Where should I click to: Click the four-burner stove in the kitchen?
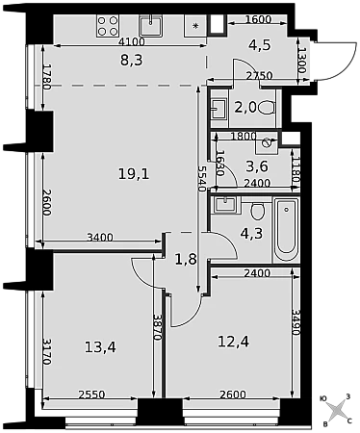click(108, 26)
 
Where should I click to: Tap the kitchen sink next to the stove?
click(150, 26)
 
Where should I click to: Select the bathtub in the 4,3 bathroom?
click(286, 230)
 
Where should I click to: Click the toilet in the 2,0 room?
click(267, 108)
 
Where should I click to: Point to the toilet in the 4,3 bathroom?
click(258, 211)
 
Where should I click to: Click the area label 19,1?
click(134, 174)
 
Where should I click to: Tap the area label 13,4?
click(100, 347)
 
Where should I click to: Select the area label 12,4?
click(233, 342)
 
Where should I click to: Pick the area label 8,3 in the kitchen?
click(131, 60)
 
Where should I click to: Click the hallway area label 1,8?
click(186, 259)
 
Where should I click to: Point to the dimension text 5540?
click(201, 179)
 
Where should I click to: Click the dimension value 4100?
click(132, 41)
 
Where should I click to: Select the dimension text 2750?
click(259, 76)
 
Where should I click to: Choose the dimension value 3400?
click(100, 238)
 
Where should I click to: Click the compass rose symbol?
click(336, 411)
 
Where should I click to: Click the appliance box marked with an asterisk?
click(195, 26)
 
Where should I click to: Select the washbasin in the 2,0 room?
click(219, 109)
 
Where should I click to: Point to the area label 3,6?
click(257, 166)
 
